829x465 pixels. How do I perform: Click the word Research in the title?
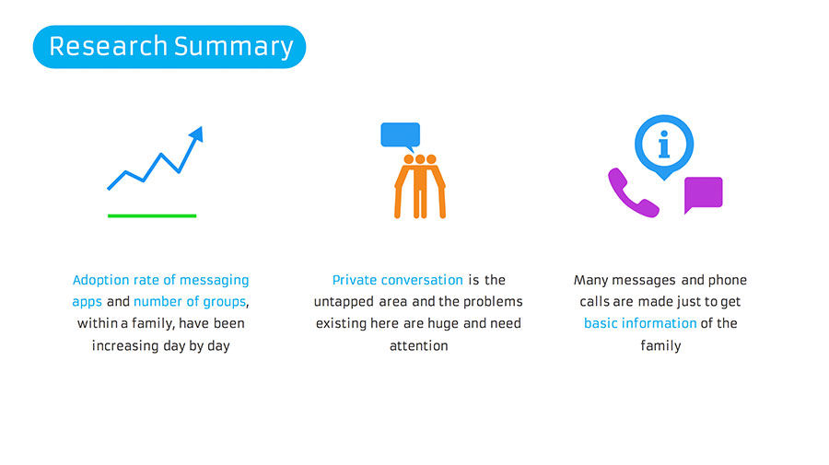pyautogui.click(x=109, y=46)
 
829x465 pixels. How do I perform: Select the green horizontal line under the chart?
pyautogui.click(x=152, y=215)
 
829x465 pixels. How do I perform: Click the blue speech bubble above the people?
pyautogui.click(x=401, y=136)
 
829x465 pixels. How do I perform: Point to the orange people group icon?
pyautogui.click(x=420, y=187)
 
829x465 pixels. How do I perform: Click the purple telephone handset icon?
pyautogui.click(x=631, y=193)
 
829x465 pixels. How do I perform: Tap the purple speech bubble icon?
pyautogui.click(x=703, y=194)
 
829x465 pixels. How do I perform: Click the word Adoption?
pyautogui.click(x=101, y=280)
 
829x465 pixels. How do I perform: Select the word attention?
pyautogui.click(x=419, y=345)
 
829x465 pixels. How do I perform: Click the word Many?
pyautogui.click(x=590, y=280)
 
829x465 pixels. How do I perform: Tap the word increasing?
pyautogui.click(x=125, y=345)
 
